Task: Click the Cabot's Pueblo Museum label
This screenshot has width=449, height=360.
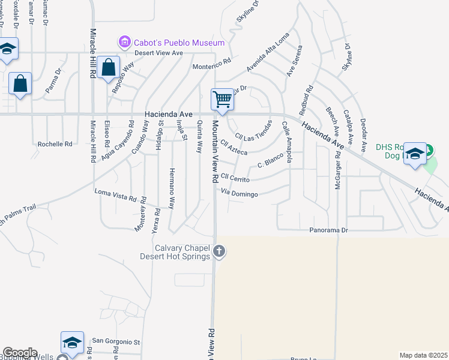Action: pos(179,43)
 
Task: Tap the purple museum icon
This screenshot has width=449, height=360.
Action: pos(125,42)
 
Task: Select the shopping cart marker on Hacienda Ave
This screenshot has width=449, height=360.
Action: pos(223,99)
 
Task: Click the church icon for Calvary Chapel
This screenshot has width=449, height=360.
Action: pos(219,251)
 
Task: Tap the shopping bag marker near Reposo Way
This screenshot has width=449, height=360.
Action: pos(109,68)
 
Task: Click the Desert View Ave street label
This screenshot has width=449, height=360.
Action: pos(158,53)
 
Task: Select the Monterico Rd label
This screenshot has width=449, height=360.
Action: pos(211,61)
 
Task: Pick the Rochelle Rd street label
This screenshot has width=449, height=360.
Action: pos(55,144)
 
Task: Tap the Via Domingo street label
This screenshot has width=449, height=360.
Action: pos(240,194)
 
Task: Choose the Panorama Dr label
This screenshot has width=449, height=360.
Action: pos(328,230)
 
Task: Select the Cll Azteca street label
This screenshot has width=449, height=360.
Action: pos(234,148)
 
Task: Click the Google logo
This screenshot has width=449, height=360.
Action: pos(20,353)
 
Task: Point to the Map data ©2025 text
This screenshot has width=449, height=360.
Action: pos(424,355)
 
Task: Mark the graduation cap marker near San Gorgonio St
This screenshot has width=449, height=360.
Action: pos(72,343)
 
